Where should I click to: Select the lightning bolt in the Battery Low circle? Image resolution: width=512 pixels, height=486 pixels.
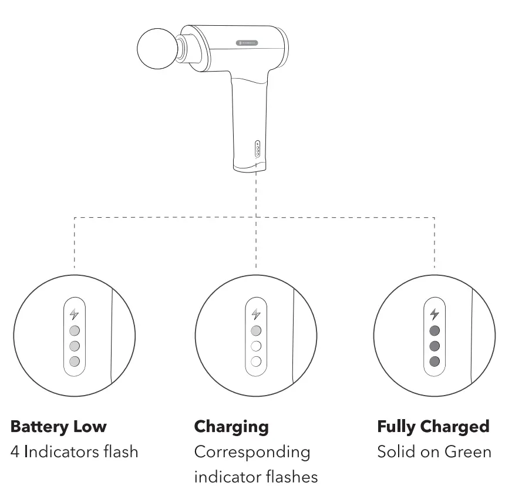(74, 314)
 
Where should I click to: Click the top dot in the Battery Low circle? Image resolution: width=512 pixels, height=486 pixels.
(74, 330)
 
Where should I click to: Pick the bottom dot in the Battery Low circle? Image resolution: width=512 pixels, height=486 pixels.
(74, 361)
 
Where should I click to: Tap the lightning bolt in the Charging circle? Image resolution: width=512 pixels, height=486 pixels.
(255, 314)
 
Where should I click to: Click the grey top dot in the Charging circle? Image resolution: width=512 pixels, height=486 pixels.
(255, 330)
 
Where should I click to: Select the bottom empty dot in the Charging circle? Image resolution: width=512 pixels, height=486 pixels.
(255, 361)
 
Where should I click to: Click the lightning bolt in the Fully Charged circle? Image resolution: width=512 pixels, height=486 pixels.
(434, 314)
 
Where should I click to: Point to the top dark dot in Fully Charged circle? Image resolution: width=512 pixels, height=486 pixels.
(434, 330)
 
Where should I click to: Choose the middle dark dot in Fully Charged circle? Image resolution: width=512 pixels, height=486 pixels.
(434, 345)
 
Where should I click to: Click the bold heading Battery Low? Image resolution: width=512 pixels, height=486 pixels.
(59, 427)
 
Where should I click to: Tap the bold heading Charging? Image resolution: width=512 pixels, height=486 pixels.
(231, 427)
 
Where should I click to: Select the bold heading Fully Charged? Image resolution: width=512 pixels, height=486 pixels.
(433, 427)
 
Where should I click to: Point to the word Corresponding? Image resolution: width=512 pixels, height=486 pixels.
(252, 452)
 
